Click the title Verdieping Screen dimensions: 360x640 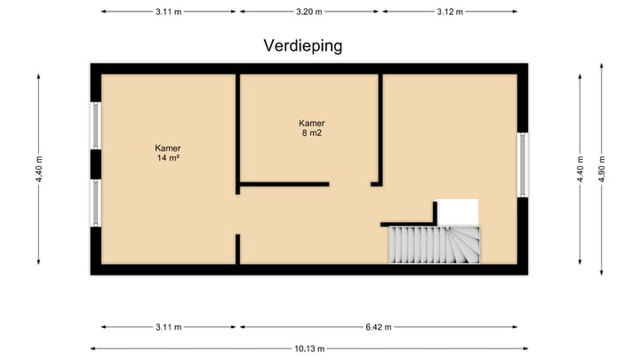pos(303,45)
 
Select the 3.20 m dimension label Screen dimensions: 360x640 pos(310,12)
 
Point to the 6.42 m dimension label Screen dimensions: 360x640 pos(377,327)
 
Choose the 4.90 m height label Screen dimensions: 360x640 pos(603,169)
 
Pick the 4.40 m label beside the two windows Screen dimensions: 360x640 pos(39,169)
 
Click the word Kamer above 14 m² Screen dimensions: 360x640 pos(168,148)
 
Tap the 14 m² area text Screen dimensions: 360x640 pos(168,158)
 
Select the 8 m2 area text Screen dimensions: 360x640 pos(312,134)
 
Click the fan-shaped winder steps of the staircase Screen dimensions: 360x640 pos(464,244)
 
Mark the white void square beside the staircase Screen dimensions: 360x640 pos(460,212)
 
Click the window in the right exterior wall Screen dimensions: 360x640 pos(523,164)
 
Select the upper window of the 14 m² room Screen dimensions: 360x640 pos(95,125)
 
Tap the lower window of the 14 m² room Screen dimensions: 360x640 pos(95,202)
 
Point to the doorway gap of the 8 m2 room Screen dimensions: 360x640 pos(350,184)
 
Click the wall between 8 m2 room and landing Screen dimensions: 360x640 pos(380,129)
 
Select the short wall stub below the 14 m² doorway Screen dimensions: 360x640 pos(237,249)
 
